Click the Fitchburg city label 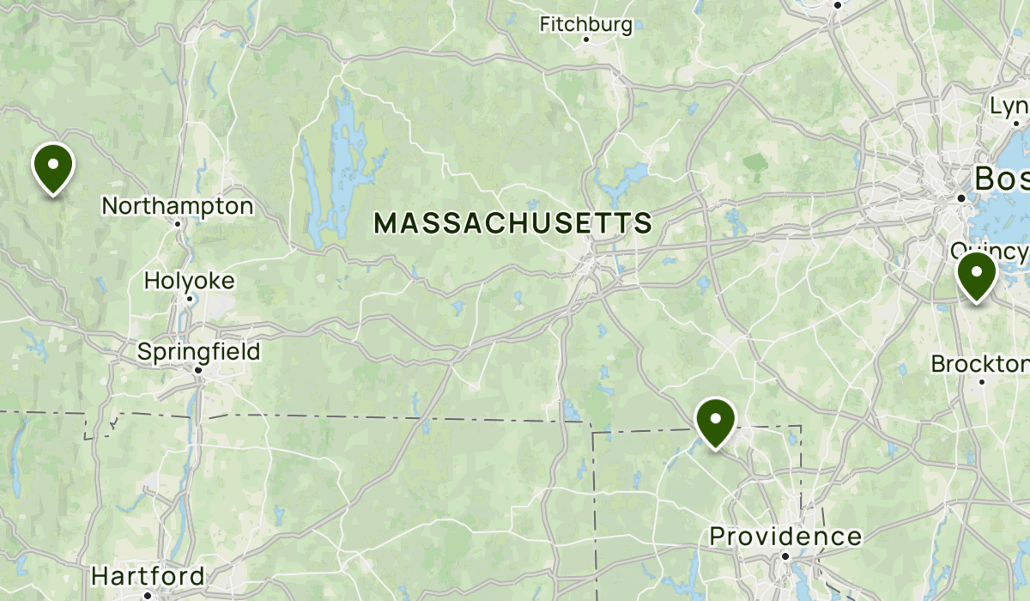586,24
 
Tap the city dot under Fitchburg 586,39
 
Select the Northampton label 178,206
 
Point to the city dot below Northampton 179,223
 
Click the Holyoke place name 189,281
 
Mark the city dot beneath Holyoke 190,298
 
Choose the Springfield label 198,352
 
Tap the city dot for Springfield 198,370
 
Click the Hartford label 148,575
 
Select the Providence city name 785,537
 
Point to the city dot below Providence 785,555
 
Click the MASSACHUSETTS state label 513,224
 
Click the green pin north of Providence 714,421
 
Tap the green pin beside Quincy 976,276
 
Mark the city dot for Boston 962,197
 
